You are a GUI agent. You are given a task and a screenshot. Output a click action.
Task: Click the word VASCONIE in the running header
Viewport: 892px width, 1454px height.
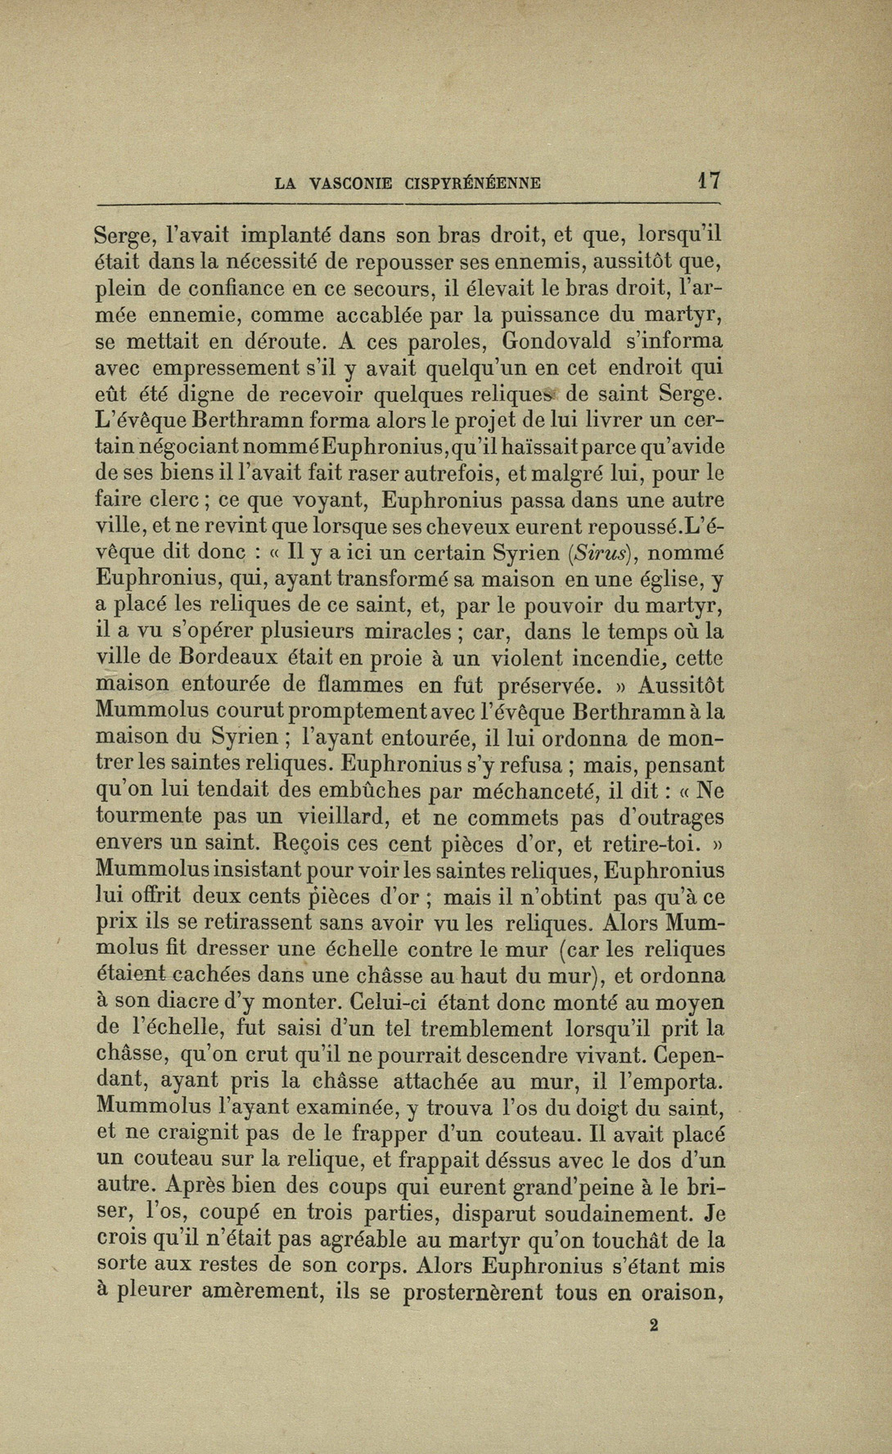click(354, 183)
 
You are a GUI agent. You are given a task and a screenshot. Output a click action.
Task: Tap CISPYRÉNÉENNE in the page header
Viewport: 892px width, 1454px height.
click(472, 183)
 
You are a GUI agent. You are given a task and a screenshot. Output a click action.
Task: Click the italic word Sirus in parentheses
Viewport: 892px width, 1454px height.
click(600, 553)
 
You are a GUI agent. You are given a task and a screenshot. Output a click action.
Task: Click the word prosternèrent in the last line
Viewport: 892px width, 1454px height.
click(473, 1292)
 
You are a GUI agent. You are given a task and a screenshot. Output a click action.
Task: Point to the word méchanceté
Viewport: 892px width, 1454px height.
click(538, 791)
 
